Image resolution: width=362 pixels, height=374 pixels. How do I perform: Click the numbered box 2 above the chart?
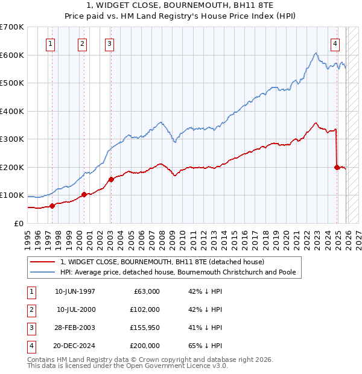point(82,43)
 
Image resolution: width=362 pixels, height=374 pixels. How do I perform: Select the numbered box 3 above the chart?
point(109,43)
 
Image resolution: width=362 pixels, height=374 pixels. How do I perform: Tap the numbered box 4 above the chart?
point(335,43)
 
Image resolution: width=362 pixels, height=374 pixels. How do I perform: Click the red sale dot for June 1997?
point(52,206)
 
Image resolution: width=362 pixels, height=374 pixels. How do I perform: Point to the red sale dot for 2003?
point(110,179)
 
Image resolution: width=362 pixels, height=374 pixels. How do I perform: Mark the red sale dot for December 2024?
point(337,167)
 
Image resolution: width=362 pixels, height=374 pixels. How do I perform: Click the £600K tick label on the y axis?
point(12,55)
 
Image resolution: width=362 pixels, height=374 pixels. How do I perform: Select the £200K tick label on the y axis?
point(12,167)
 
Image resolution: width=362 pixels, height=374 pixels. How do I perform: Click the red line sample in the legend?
point(43,262)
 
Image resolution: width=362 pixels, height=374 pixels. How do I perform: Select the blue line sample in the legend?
point(43,272)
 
